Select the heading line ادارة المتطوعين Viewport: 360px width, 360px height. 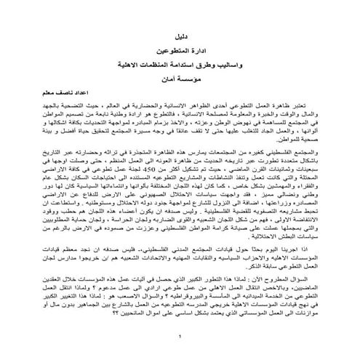click(180, 52)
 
